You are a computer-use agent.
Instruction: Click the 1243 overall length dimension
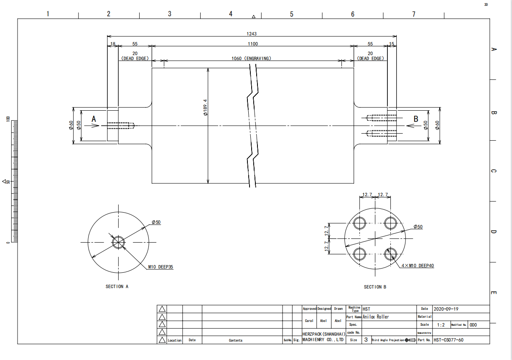pos(252,34)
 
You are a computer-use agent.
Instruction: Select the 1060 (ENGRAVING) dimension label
pos(251,58)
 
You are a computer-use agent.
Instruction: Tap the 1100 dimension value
pos(252,44)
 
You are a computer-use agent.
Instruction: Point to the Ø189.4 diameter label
pos(205,107)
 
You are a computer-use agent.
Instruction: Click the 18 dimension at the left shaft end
pos(112,44)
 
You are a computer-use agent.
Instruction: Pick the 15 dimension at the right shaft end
pos(392,44)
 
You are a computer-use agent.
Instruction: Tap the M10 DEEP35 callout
pos(160,266)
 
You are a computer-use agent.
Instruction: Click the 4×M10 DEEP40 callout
pos(418,266)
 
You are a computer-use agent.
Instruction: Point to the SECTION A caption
pos(117,286)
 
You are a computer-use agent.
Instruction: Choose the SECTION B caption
pos(375,287)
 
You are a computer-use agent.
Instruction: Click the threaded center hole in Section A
pos(119,242)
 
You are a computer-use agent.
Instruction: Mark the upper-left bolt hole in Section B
pos(359,223)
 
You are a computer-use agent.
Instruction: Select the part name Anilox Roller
pos(376,317)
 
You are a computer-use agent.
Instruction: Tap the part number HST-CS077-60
pos(448,340)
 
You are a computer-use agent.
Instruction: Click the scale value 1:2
pos(441,325)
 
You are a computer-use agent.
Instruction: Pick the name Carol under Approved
pos(309,321)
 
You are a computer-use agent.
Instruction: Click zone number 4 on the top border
pos(230,14)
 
